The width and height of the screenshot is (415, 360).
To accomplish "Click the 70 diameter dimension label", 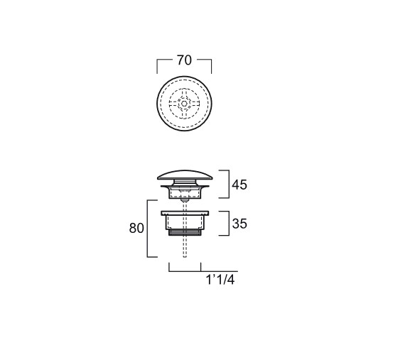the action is coord(184,60).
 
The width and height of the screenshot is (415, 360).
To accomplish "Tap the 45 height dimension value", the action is coord(239,185).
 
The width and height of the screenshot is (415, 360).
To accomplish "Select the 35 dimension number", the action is coord(239,224).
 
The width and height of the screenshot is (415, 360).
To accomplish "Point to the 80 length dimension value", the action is coord(136,228).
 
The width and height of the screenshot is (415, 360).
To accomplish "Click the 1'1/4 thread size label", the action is coord(220,280).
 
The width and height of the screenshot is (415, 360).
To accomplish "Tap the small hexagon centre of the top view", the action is coord(184,104).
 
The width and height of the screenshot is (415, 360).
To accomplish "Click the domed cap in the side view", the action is coord(185,175).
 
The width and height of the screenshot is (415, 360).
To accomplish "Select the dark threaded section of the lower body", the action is coord(185,232).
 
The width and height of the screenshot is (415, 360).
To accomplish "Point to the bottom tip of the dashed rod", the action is coord(185,256).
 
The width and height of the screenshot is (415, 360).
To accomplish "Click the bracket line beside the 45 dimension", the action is coord(229,184).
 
